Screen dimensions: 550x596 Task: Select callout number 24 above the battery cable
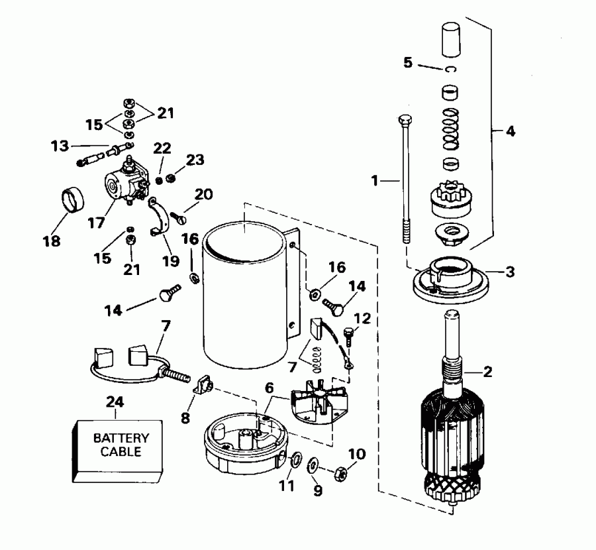pos(115,402)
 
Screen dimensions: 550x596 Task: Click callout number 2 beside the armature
pos(488,372)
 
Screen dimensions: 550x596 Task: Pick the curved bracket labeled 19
pos(161,218)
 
